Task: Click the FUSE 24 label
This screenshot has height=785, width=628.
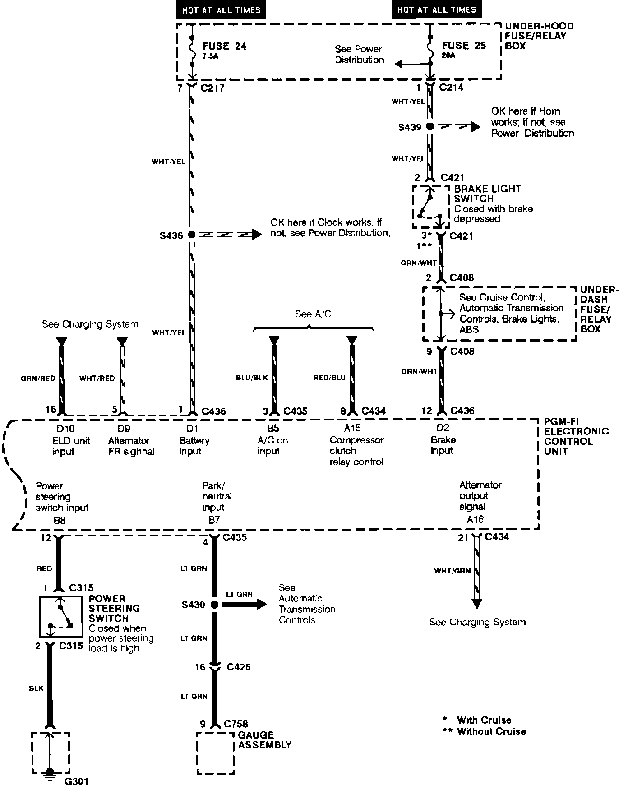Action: pyautogui.click(x=224, y=46)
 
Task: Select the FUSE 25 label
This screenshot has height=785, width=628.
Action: pyautogui.click(x=464, y=46)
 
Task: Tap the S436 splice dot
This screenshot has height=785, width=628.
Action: pyautogui.click(x=192, y=235)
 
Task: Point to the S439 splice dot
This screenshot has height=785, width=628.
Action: pyautogui.click(x=430, y=127)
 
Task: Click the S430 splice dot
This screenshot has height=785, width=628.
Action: pyautogui.click(x=214, y=605)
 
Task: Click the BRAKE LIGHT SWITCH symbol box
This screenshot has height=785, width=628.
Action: pyautogui.click(x=431, y=207)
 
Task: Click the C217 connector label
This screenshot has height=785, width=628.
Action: pyautogui.click(x=212, y=88)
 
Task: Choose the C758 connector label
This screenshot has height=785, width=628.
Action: pyautogui.click(x=236, y=724)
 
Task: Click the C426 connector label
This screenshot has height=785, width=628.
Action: pyautogui.click(x=239, y=667)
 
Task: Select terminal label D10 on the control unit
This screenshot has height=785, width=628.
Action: pyautogui.click(x=63, y=429)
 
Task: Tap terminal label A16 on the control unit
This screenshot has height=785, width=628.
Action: pyautogui.click(x=475, y=519)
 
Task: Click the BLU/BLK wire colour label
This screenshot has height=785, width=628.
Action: pyautogui.click(x=252, y=378)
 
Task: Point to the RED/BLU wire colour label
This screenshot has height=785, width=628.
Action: pyautogui.click(x=329, y=378)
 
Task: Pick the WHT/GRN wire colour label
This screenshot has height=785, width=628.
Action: pyautogui.click(x=452, y=571)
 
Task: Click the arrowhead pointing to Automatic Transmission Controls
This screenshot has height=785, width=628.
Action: pyautogui.click(x=261, y=605)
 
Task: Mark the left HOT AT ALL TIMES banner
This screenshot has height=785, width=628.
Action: pyautogui.click(x=221, y=10)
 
